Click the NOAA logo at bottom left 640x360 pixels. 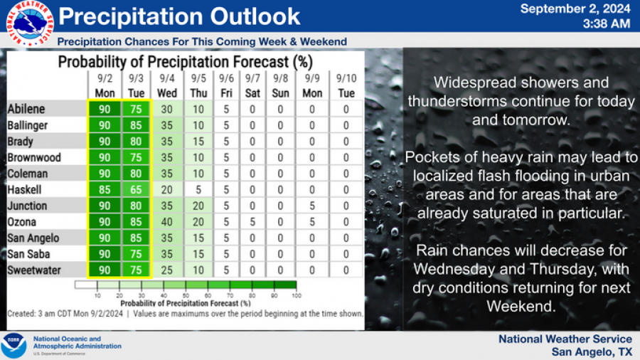click(14, 345)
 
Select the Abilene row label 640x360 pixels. click(27, 109)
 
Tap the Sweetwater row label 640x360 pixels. click(33, 270)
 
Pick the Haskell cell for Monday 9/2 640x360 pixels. click(104, 190)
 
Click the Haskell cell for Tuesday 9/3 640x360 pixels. click(136, 190)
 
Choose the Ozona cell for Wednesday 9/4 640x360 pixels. click(168, 222)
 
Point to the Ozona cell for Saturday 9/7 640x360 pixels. click(252, 222)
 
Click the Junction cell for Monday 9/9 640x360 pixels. click(312, 206)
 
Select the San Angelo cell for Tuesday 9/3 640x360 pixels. click(136, 238)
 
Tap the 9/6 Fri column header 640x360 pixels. click(227, 85)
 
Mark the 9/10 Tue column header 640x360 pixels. click(346, 85)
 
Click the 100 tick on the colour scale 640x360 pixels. click(297, 295)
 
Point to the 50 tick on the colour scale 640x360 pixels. click(186, 295)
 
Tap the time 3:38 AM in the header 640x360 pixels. click(605, 23)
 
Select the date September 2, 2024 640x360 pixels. click(575, 9)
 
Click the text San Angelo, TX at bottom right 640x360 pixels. click(592, 351)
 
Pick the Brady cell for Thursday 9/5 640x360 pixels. click(199, 142)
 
